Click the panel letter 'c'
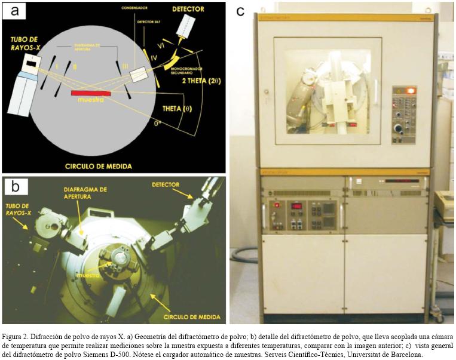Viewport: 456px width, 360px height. (x=241, y=11)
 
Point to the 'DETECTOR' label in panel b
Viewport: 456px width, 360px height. (x=166, y=184)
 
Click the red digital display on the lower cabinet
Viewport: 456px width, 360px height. (x=296, y=205)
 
